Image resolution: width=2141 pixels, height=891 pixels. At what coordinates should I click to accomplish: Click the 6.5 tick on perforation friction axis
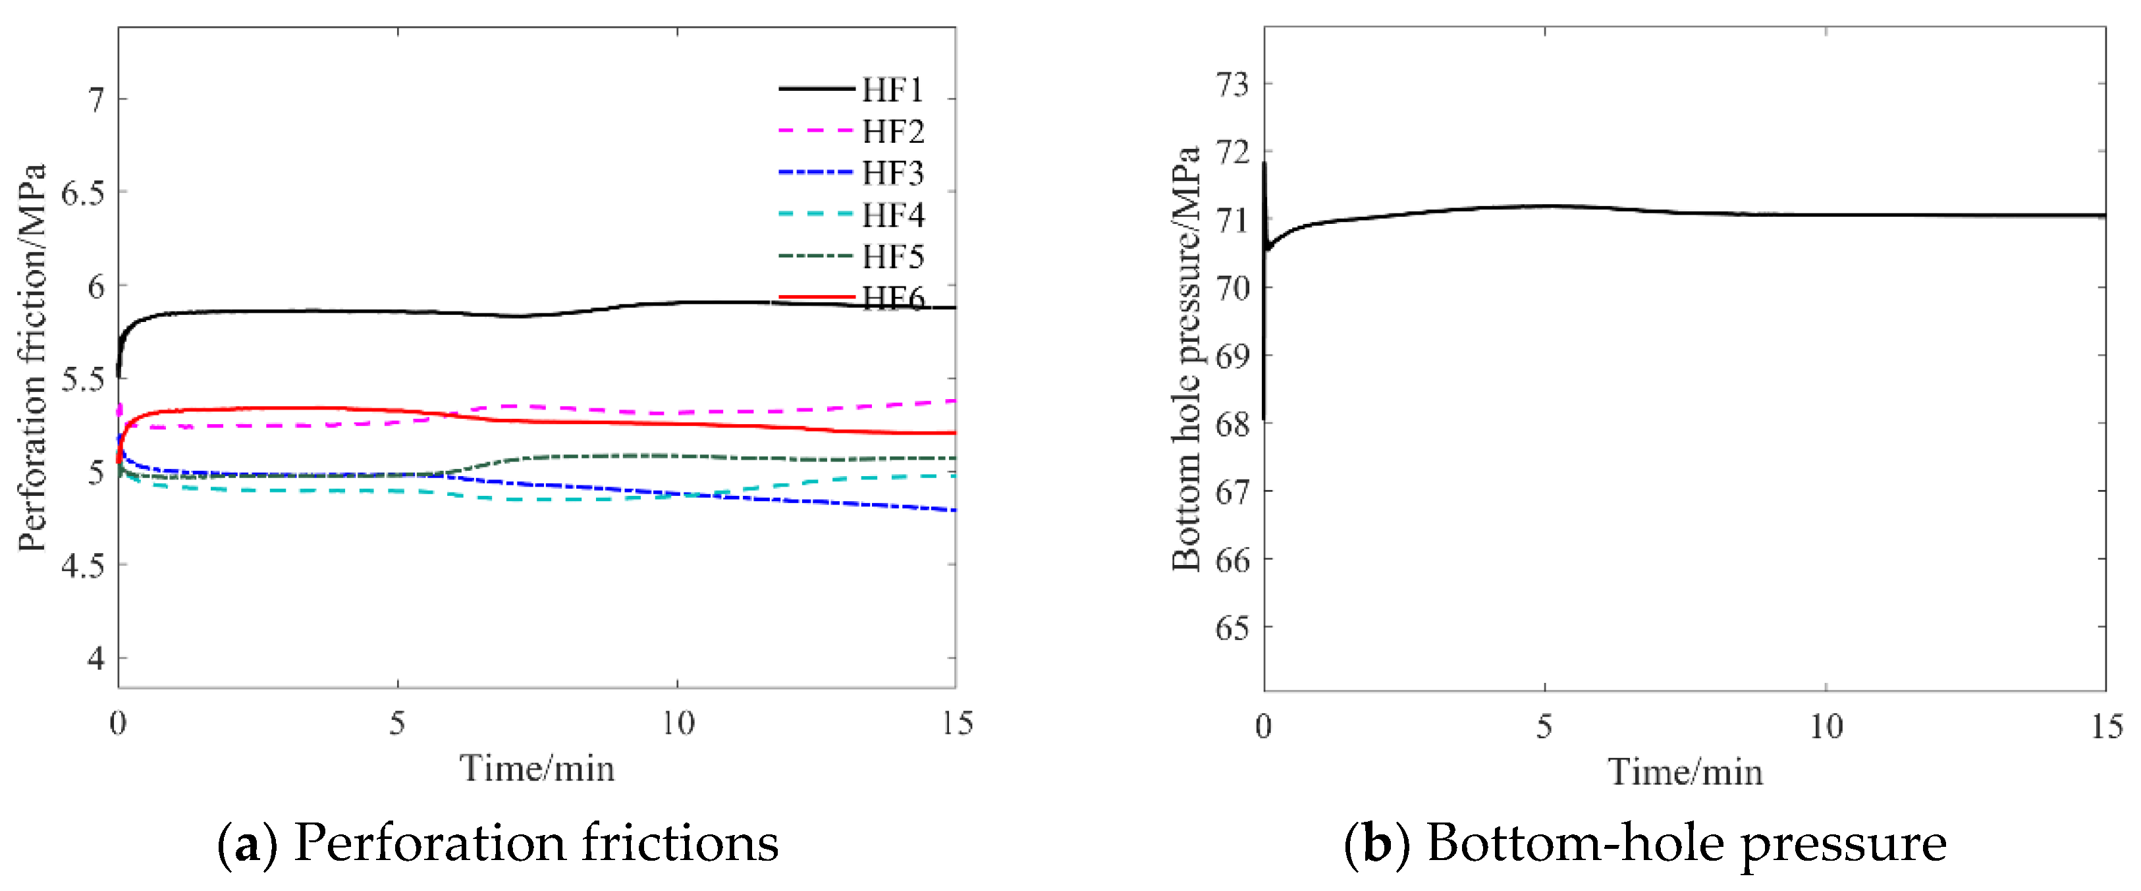pos(84,193)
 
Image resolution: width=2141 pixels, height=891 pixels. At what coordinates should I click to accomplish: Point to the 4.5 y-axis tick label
pos(84,565)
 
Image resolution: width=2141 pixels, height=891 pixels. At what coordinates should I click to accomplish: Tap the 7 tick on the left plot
pos(97,99)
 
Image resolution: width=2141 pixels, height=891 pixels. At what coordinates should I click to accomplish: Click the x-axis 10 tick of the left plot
pos(678,723)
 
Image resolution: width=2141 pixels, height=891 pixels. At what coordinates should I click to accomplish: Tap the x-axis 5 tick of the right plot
pos(1544,726)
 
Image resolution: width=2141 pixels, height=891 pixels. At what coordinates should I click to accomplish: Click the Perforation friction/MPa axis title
pos(32,358)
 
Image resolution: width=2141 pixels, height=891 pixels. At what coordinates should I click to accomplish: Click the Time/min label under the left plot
pos(537,768)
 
